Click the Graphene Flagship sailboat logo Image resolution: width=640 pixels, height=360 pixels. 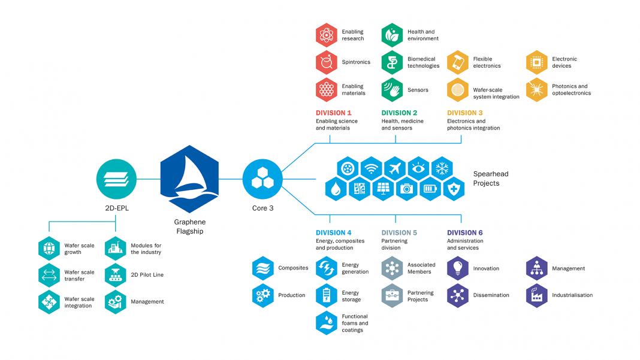click(x=190, y=179)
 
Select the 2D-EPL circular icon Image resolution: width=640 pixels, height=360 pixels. click(x=116, y=179)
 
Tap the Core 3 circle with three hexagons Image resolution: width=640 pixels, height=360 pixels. click(x=262, y=179)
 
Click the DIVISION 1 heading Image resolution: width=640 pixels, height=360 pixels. click(x=333, y=113)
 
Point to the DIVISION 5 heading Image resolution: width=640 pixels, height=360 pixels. click(x=399, y=232)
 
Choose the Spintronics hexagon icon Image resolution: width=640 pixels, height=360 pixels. click(x=326, y=62)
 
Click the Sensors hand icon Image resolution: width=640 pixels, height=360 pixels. click(x=392, y=90)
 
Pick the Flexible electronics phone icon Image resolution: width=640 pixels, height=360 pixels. click(x=458, y=62)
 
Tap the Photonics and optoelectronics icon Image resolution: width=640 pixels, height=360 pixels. click(x=536, y=90)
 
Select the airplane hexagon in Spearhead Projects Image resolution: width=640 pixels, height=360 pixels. click(x=395, y=169)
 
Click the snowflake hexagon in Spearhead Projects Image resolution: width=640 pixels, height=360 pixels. click(x=442, y=169)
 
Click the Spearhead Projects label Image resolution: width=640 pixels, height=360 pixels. click(x=490, y=179)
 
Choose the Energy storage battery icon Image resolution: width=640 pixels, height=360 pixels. click(x=326, y=296)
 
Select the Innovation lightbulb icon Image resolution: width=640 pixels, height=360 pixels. click(x=458, y=268)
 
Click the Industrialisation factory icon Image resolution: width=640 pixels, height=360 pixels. click(x=536, y=295)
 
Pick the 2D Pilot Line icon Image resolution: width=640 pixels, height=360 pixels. click(x=115, y=275)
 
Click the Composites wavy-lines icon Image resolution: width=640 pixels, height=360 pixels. click(x=262, y=268)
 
